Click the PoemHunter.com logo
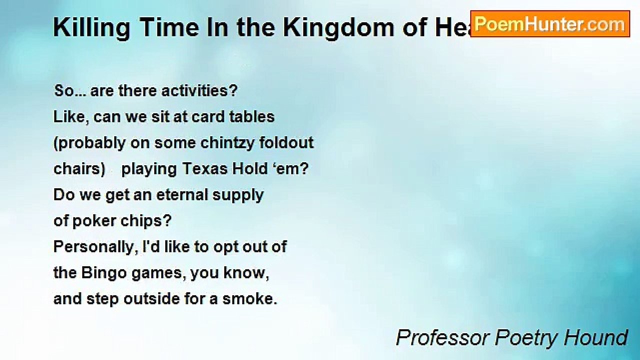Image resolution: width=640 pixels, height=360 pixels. click(550, 24)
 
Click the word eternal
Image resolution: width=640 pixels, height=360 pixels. click(182, 195)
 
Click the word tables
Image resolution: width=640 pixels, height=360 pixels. click(252, 117)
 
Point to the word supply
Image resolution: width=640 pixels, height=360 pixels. click(238, 195)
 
